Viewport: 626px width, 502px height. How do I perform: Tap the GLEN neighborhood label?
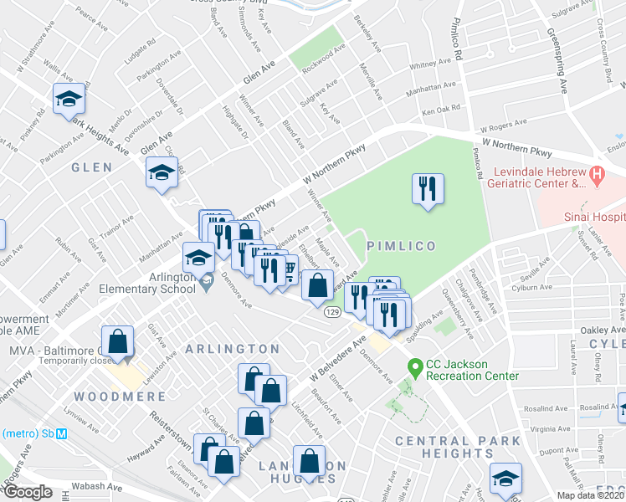tap(92, 167)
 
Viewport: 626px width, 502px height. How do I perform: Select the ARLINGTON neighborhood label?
tap(232, 349)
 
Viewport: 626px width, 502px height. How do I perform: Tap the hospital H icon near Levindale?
tap(597, 176)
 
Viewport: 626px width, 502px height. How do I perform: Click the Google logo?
tap(28, 492)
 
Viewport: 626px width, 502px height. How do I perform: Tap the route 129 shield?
tap(332, 311)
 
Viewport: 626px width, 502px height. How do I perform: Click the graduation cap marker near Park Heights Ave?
tap(68, 100)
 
